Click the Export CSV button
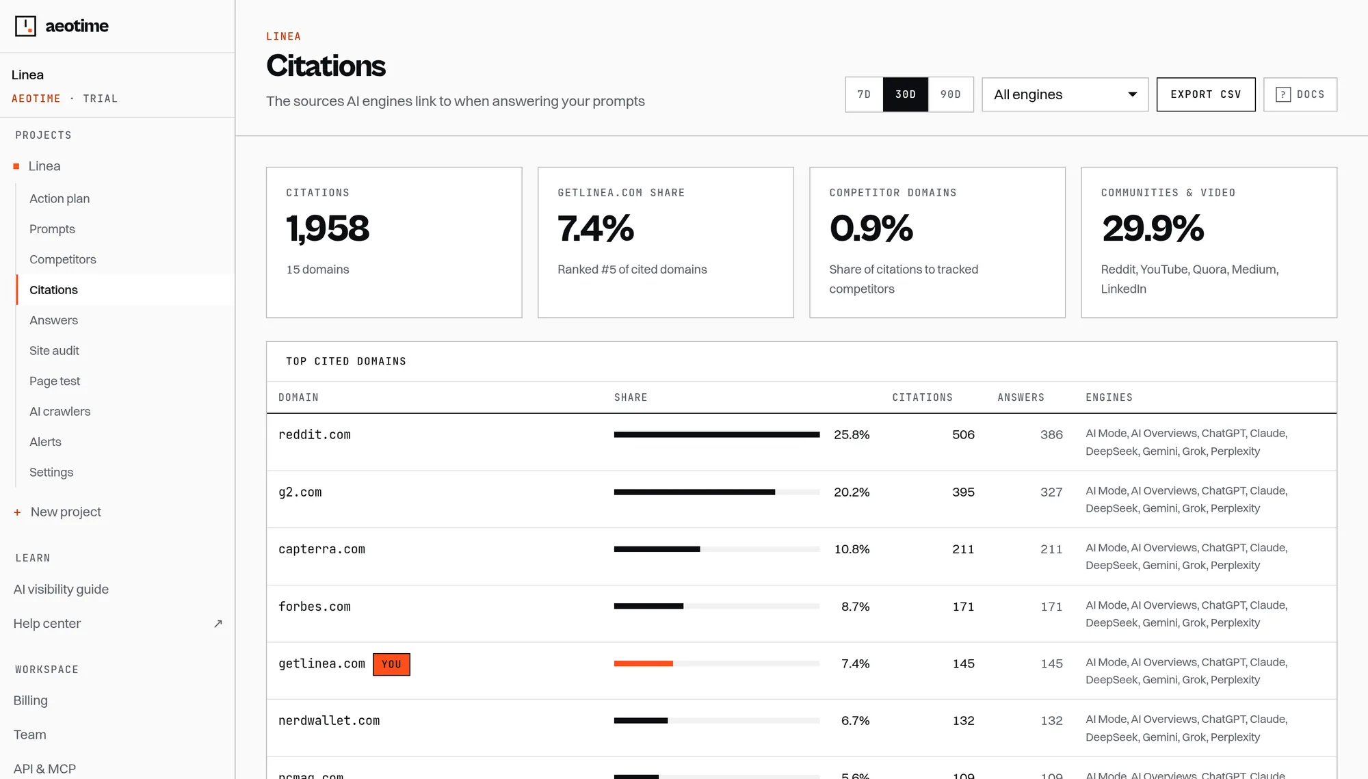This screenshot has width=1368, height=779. coord(1206,94)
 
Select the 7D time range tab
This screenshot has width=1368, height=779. coord(864,94)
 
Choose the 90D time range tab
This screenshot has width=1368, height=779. coord(951,94)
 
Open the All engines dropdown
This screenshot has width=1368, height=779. coord(1065,94)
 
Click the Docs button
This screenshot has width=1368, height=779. coord(1300,94)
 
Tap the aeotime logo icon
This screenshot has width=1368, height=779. coord(25,26)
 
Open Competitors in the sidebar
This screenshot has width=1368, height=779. coord(63,259)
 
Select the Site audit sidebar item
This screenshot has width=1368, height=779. coord(54,351)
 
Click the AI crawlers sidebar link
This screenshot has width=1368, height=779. coord(60,412)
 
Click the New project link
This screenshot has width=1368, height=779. coord(66,512)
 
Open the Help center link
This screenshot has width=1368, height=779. coord(47,624)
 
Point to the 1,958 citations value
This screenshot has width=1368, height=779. coord(328,228)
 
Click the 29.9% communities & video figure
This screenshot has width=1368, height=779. coord(1153,228)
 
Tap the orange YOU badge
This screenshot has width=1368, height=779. coord(391,664)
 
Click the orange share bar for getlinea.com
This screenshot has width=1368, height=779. coord(644,663)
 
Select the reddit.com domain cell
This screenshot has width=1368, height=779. coord(315,435)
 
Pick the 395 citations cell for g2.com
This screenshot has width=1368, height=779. coord(963,492)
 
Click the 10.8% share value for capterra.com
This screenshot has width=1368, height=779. coord(852,549)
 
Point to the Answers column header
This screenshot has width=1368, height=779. coord(1021,397)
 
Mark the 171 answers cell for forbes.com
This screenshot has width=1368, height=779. coord(1051,607)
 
